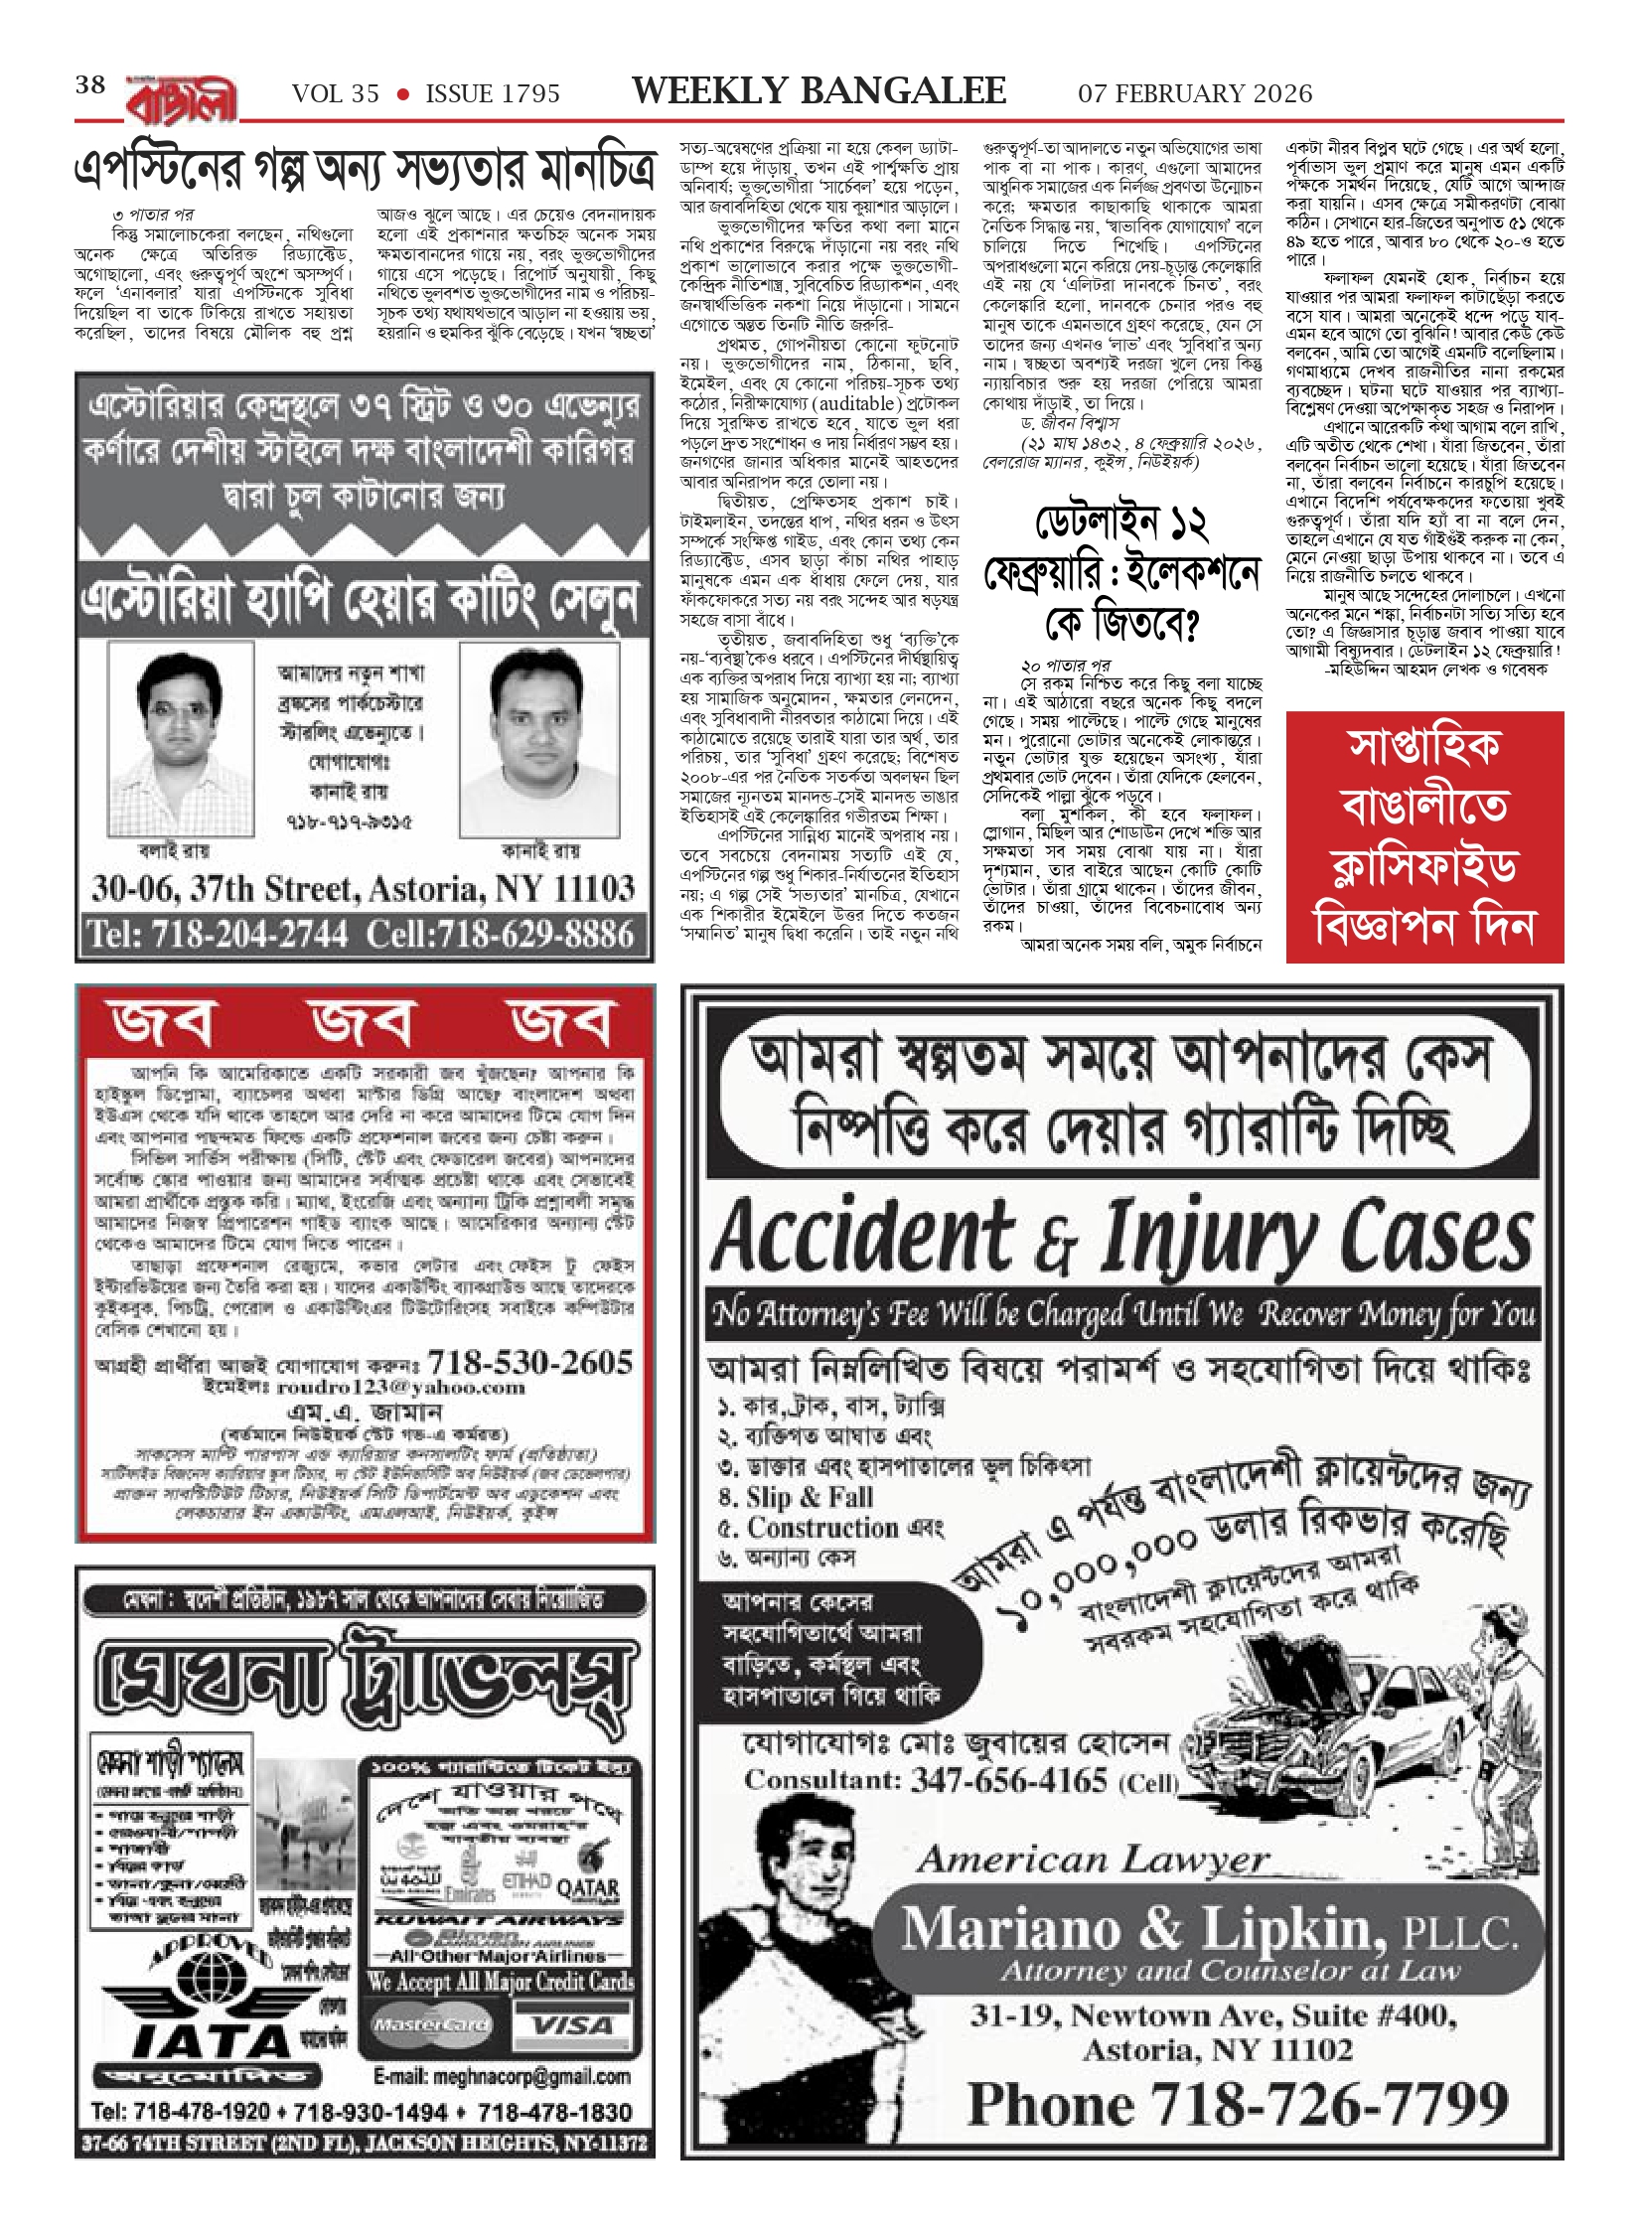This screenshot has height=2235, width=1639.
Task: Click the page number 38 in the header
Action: point(90,85)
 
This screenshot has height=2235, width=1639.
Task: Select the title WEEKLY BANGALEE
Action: point(819,91)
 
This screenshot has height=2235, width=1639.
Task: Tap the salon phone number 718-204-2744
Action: point(218,935)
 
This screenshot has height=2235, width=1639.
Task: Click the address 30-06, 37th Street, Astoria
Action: point(363,888)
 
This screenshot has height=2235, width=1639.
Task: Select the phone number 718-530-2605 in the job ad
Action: point(529,1362)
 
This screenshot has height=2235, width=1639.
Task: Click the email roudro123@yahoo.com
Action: point(400,1387)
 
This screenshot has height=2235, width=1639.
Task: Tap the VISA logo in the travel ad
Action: point(572,2024)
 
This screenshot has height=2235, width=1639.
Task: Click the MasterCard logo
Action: point(431,2024)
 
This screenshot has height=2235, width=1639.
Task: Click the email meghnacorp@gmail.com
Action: point(502,2076)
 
